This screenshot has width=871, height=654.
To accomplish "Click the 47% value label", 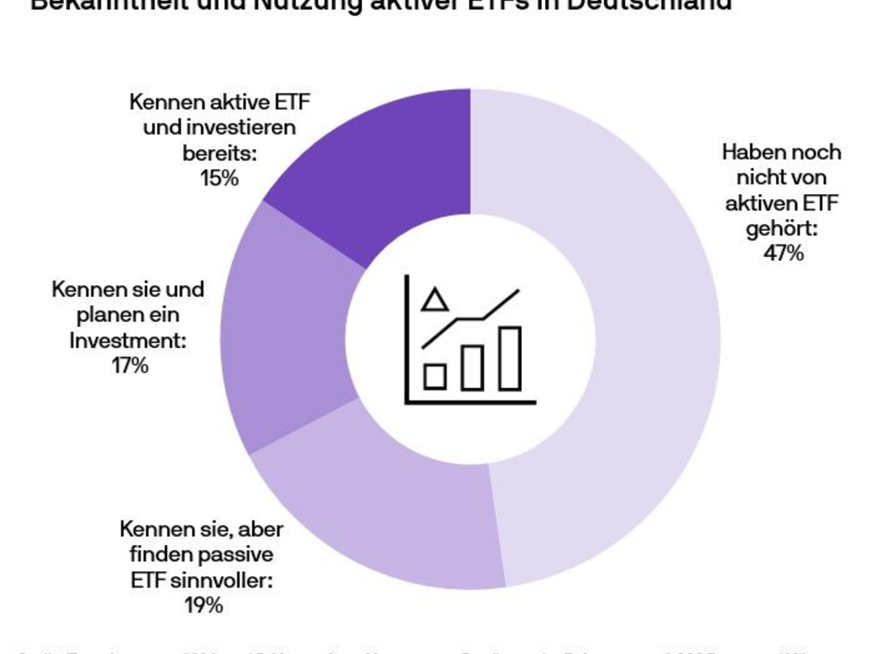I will click(782, 254).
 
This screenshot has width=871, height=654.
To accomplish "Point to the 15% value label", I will click(219, 178).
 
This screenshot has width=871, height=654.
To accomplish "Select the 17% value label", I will click(131, 366).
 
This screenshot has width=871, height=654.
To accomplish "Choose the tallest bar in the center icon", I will click(510, 358).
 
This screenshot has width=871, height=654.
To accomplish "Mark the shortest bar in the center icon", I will click(435, 376).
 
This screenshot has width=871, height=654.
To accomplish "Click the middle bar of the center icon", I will click(473, 366).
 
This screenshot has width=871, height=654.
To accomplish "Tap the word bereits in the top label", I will click(218, 153).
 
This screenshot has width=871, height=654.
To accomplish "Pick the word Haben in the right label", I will click(750, 153).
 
